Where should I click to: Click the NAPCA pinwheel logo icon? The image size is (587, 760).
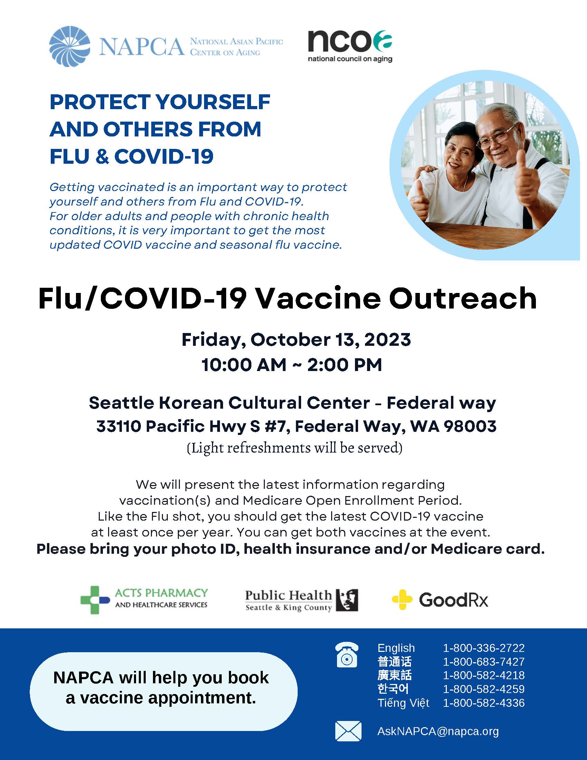[70, 46]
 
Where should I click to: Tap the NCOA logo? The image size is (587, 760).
[350, 46]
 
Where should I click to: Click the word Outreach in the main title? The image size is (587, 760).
[463, 298]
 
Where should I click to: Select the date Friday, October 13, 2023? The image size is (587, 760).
[296, 340]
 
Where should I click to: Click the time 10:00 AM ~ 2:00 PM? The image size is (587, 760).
[292, 365]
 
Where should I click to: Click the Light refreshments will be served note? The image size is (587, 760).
[295, 448]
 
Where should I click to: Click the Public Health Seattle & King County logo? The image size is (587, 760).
[301, 600]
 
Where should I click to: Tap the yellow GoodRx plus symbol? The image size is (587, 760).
[402, 600]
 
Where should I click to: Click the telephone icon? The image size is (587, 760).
[347, 654]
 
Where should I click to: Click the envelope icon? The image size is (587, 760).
[348, 731]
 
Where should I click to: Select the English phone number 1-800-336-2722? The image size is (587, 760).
[484, 648]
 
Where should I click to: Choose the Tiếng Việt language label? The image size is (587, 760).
[403, 703]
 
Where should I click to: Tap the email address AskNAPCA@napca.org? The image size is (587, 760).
[438, 731]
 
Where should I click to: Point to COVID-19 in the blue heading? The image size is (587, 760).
[164, 156]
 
